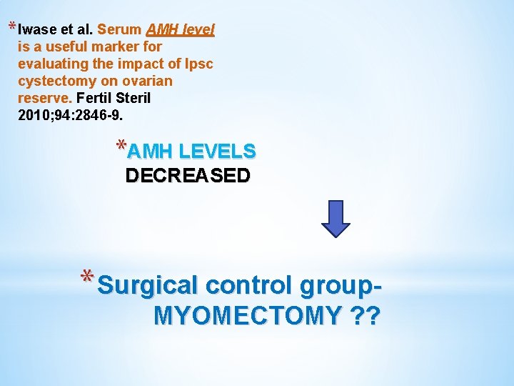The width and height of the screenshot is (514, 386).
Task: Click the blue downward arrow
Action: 336,219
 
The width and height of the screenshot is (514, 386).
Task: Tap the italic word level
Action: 198,30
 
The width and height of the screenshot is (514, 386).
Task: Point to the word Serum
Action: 119,30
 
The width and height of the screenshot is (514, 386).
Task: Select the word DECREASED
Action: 188,176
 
